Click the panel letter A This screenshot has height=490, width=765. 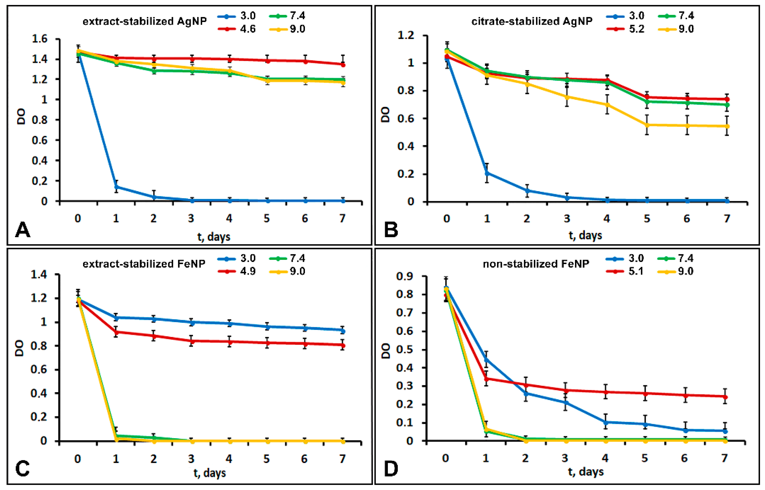coord(23,230)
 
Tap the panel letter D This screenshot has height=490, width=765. coord(391,469)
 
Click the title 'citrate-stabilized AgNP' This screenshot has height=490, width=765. coord(532,21)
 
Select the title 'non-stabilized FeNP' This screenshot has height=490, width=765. coord(536,264)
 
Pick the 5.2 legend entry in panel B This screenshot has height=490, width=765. coord(625,29)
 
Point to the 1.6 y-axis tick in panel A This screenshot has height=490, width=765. coord(40,39)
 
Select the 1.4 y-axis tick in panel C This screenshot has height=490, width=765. coord(39,274)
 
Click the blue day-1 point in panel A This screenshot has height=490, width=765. coord(116,187)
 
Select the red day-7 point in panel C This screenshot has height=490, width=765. coord(342,345)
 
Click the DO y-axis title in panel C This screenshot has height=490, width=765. coord(20,348)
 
